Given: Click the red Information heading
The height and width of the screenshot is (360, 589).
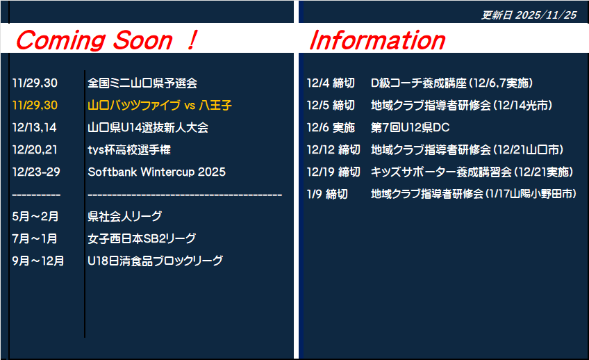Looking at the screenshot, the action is click(x=377, y=40).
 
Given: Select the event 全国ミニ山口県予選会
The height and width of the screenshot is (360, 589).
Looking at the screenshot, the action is click(x=142, y=83).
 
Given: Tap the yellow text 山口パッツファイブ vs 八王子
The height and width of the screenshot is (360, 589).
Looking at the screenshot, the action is click(x=160, y=105).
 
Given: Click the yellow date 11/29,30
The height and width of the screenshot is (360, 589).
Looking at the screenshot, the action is click(x=35, y=105).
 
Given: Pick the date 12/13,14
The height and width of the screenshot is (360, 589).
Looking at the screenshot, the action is click(x=34, y=127).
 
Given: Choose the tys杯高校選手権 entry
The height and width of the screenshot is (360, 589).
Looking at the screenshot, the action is click(x=129, y=149).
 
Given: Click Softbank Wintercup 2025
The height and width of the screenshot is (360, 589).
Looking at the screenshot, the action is click(x=157, y=172).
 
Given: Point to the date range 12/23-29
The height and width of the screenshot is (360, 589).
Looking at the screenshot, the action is click(x=36, y=172).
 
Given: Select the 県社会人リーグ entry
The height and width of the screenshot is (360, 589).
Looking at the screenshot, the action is click(x=125, y=216).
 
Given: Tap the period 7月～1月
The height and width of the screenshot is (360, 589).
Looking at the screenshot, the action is click(x=35, y=238).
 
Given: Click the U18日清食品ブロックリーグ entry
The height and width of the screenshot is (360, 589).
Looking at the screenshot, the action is click(x=155, y=261).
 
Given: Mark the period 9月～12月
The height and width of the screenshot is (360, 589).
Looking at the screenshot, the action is click(x=38, y=261).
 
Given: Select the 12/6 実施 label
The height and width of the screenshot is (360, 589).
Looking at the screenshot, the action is click(x=331, y=127).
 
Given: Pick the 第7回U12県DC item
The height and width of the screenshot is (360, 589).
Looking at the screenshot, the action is click(x=410, y=127).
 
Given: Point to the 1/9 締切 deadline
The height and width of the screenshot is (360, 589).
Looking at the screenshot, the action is click(x=327, y=194).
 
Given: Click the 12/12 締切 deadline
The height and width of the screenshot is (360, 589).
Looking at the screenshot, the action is click(x=333, y=149).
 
